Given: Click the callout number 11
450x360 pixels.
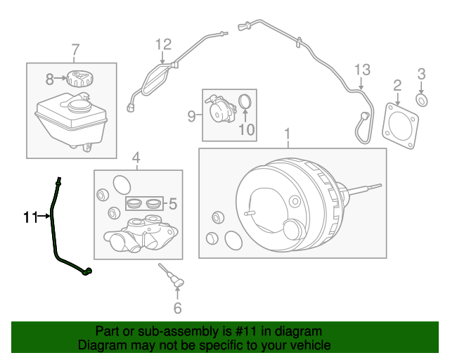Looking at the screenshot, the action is click(30, 217).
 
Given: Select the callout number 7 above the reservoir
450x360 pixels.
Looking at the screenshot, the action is click(75, 50).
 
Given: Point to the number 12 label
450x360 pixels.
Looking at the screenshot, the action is click(163, 44).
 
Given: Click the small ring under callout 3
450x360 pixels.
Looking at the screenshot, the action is click(422, 101).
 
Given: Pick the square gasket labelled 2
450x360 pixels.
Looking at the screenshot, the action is click(400, 126).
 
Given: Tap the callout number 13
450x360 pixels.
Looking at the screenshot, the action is click(363, 70).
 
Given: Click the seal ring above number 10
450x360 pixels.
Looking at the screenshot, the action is click(245, 102).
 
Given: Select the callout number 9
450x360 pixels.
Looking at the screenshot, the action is click(191, 116).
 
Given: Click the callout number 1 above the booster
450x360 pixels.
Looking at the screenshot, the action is click(287, 134).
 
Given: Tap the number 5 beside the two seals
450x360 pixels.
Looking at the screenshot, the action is click(173, 204).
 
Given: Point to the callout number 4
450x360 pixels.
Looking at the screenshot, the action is click(136, 158).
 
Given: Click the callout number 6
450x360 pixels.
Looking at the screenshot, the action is click(178, 308).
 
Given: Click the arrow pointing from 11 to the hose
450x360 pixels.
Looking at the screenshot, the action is click(44, 216).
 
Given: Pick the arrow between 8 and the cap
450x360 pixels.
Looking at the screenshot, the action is click(60, 78).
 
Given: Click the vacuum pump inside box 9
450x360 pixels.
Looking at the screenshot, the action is click(220, 109).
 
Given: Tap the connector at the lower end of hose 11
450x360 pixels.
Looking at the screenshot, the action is click(87, 271).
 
